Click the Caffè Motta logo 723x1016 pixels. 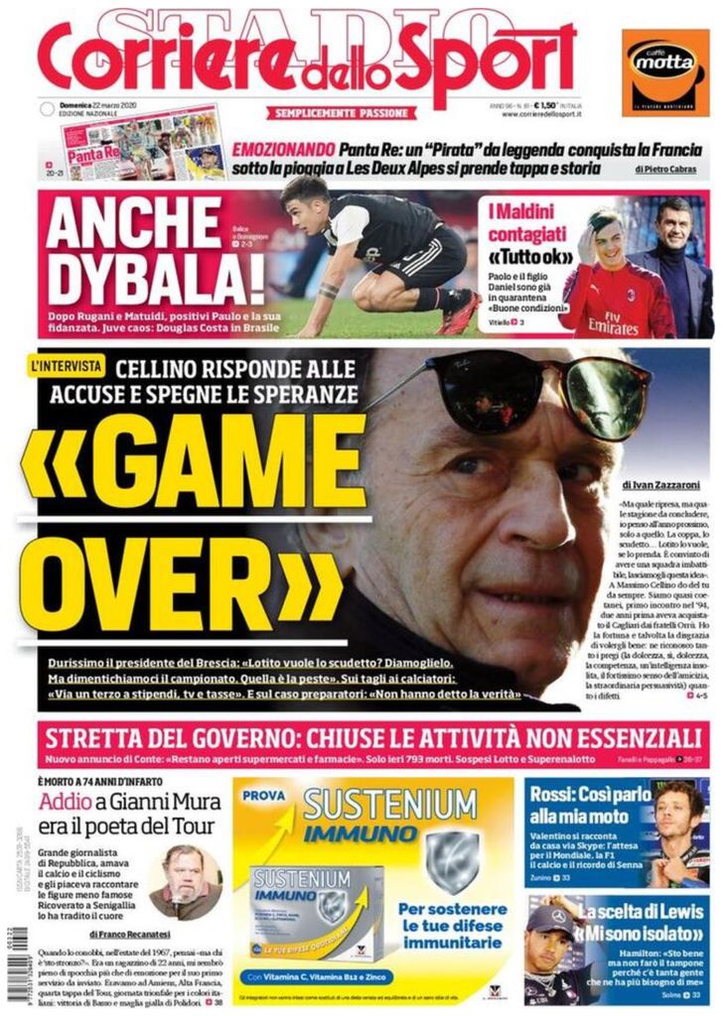(x=666, y=70)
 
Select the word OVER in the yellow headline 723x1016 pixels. (x=179, y=590)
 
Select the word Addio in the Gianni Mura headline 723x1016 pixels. (x=67, y=805)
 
